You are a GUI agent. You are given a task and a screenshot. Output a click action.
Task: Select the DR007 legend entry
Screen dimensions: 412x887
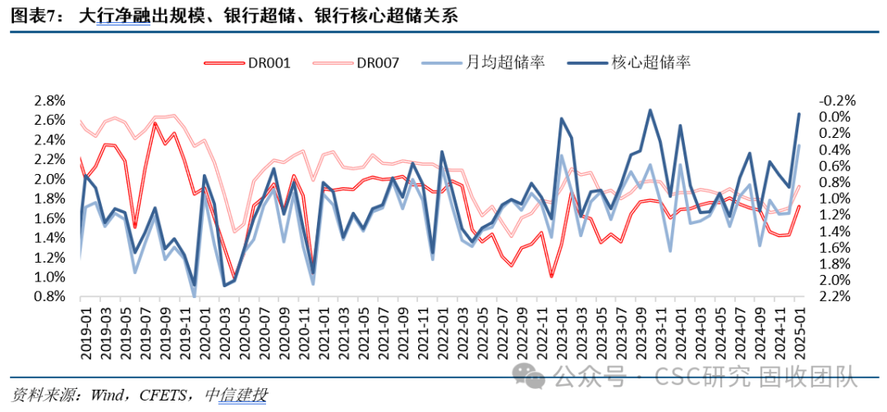pos(379,62)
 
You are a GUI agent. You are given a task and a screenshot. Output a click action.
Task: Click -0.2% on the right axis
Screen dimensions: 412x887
pos(837,101)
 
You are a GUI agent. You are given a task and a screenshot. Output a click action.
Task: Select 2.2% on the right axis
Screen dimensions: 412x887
pos(837,296)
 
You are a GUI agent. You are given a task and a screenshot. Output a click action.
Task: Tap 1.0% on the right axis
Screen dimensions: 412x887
pos(837,199)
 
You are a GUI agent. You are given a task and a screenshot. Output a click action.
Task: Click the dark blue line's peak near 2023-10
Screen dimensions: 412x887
pos(650,110)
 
